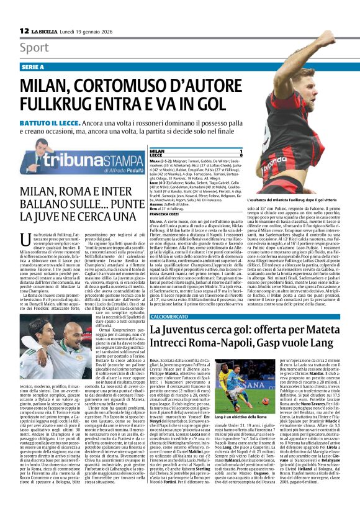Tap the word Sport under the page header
click(34, 47)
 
